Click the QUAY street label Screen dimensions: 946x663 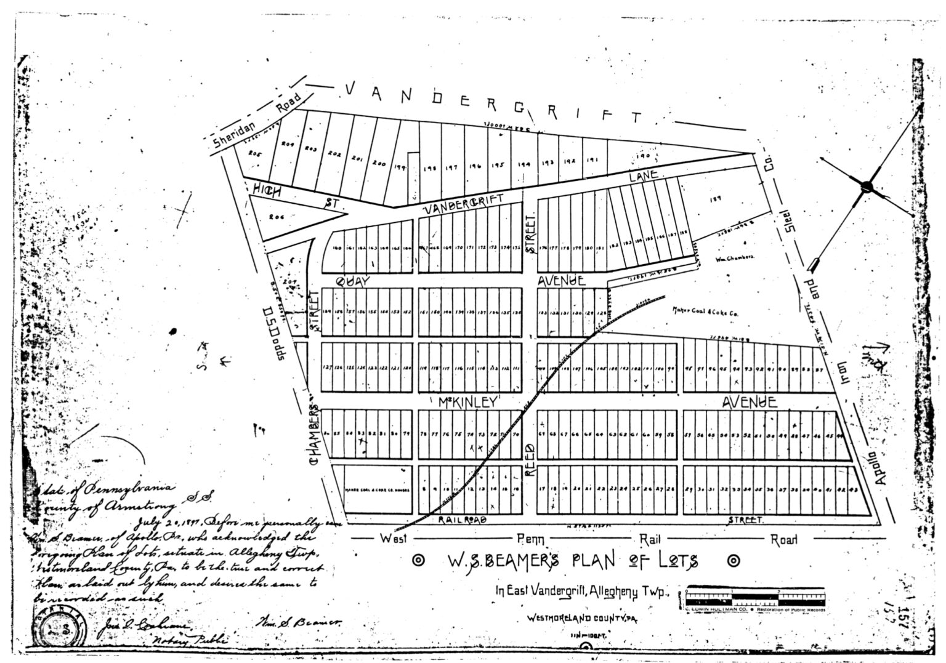tap(353, 281)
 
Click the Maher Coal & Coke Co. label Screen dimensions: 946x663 tap(705, 312)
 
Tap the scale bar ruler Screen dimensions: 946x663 tap(754, 597)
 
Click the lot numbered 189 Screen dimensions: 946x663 tap(716, 199)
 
